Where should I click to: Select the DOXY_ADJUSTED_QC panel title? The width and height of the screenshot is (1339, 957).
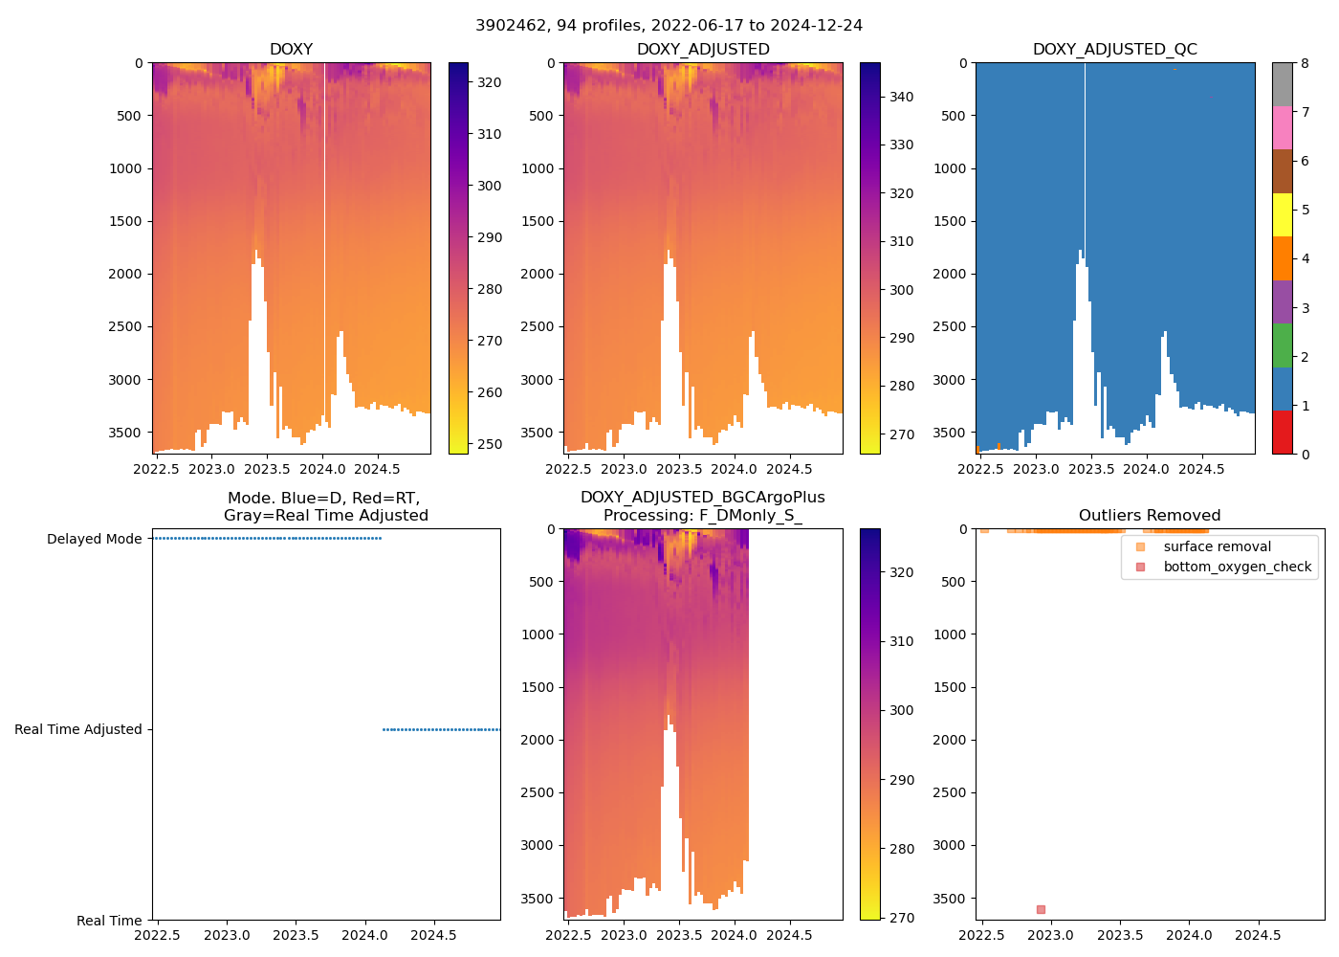(x=1114, y=50)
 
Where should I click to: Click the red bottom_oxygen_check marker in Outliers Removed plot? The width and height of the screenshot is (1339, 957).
(x=1041, y=909)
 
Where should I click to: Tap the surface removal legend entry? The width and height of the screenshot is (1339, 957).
(x=1217, y=546)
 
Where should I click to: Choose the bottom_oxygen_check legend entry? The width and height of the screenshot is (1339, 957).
(x=1237, y=567)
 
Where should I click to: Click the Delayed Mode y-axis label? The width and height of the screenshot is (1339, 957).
(x=94, y=539)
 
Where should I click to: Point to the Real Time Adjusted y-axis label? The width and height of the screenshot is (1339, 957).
(x=77, y=729)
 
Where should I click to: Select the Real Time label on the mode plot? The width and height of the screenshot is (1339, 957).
(x=109, y=921)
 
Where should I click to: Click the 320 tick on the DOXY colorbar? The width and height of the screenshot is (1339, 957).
(x=490, y=82)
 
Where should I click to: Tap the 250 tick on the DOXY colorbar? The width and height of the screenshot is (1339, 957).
(x=490, y=444)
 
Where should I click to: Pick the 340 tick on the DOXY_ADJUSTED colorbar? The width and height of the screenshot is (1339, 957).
(x=901, y=97)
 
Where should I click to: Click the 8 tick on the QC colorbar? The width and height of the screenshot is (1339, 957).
(x=1305, y=63)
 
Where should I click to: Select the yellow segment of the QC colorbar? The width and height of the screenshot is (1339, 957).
(x=1282, y=214)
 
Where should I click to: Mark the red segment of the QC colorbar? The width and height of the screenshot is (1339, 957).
(x=1282, y=432)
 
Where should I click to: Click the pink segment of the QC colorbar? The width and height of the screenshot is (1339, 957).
(x=1282, y=127)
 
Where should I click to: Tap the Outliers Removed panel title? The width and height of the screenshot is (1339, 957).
(x=1150, y=516)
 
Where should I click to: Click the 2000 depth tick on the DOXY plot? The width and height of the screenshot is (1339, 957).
(x=125, y=274)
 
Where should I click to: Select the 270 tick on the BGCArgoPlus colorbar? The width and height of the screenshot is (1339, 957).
(x=901, y=918)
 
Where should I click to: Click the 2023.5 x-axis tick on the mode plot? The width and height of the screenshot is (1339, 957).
(x=296, y=935)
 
